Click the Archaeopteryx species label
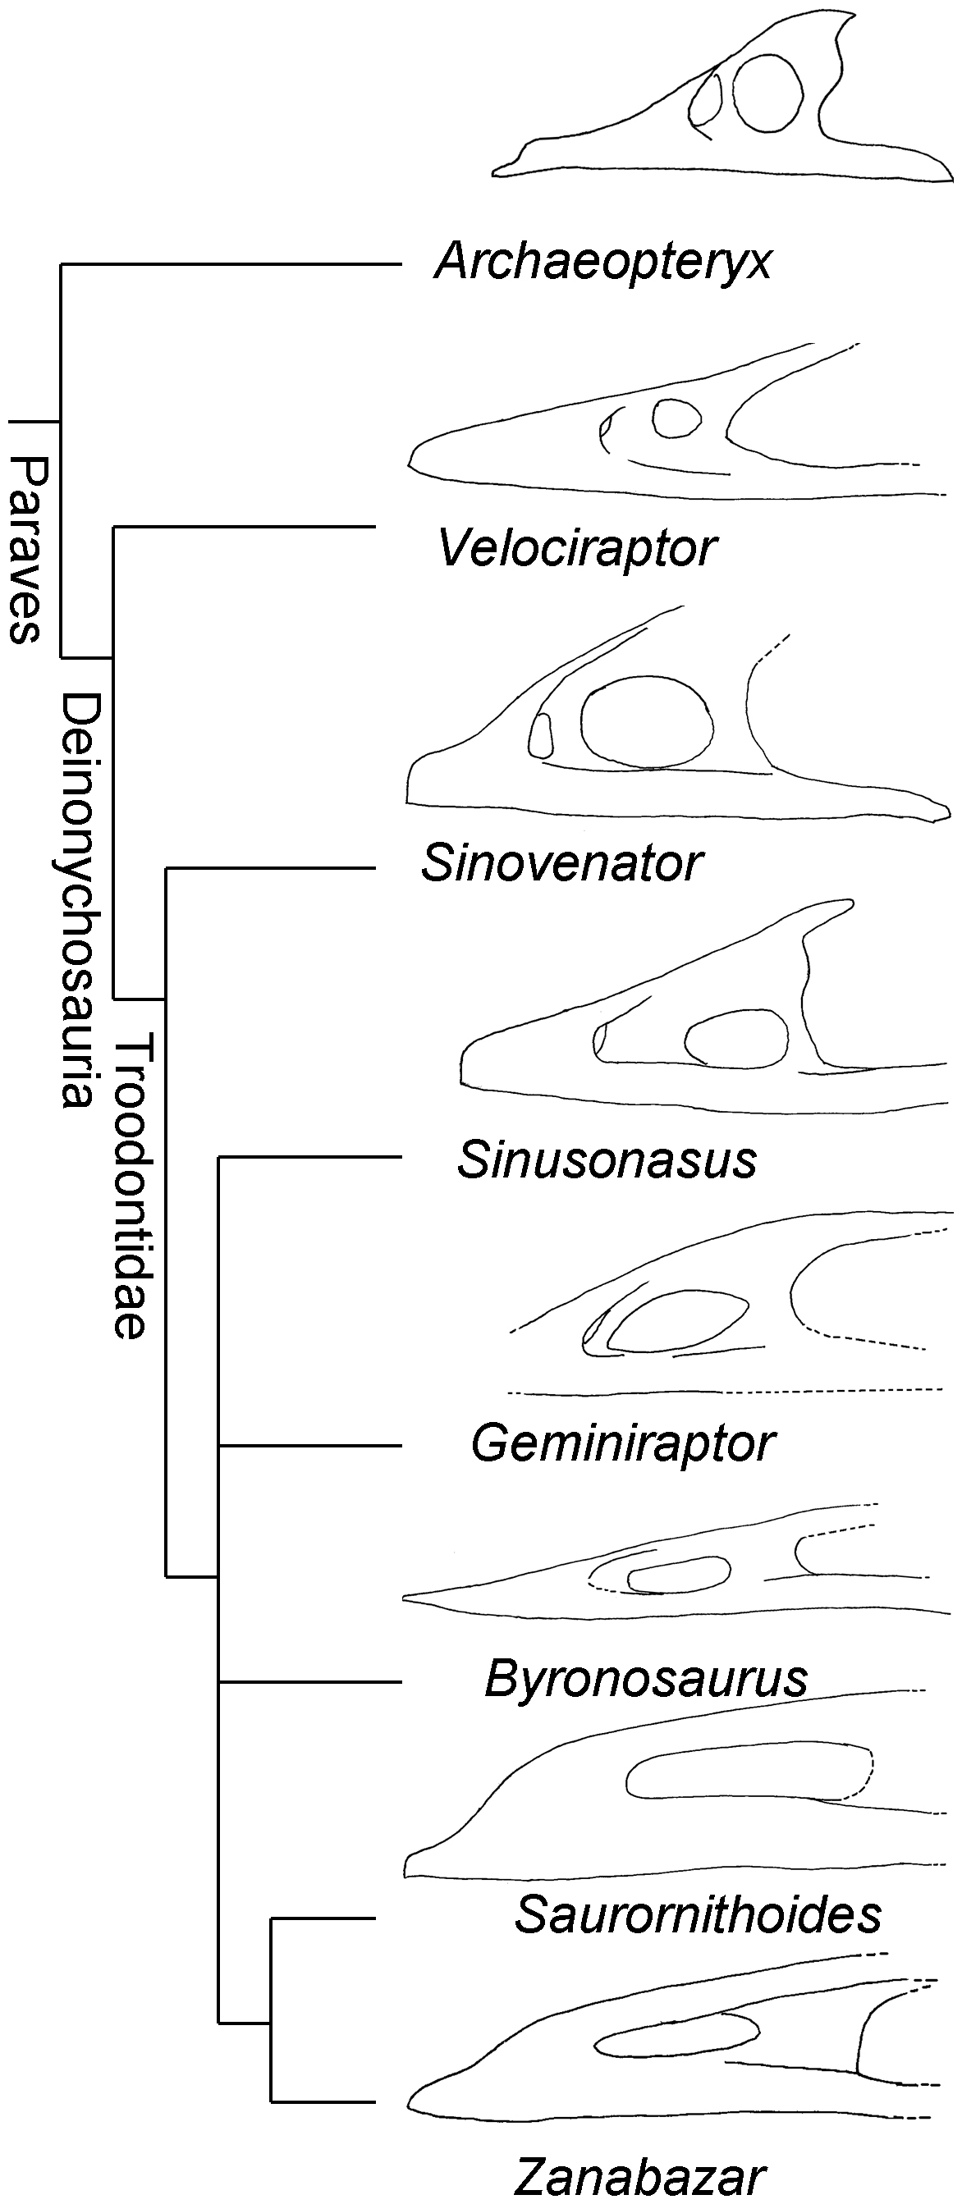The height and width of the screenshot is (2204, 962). pos(603,261)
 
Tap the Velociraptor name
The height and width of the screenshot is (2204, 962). pos(578,547)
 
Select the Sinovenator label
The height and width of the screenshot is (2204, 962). pos(562,863)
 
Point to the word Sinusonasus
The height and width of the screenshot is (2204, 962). pos(607,1160)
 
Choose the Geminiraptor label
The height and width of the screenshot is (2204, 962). pos(623,1443)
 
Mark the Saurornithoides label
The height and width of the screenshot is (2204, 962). pos(698,1914)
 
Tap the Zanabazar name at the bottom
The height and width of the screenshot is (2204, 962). pos(640,2178)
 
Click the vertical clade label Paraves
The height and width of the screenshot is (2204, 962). pos(25,548)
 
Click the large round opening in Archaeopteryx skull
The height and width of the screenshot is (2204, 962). pos(768,94)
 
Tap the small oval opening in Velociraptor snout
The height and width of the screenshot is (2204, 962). pos(676,419)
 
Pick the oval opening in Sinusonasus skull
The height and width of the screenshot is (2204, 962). pos(737,1038)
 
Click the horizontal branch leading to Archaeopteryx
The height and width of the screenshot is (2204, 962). pos(231,265)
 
